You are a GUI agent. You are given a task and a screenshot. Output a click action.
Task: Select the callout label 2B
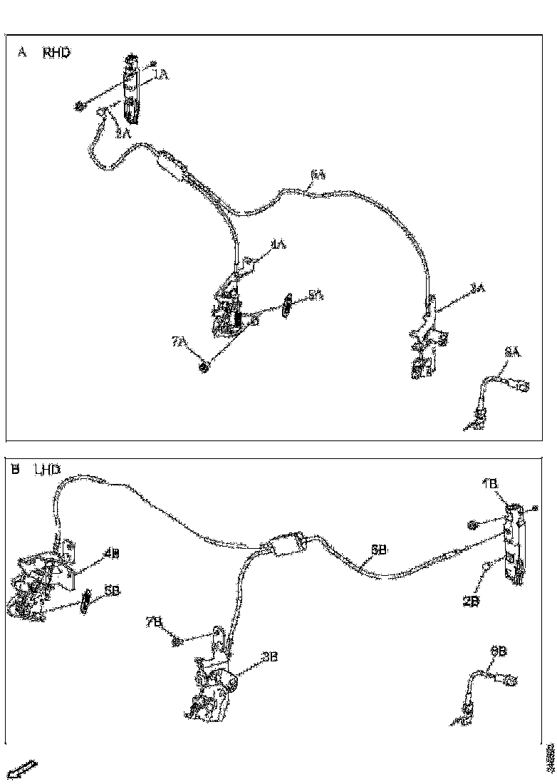point(471,600)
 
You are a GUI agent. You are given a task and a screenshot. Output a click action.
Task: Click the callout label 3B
point(269,658)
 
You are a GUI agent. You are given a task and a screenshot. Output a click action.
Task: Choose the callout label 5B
point(112,591)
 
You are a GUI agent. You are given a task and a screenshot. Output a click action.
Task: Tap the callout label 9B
point(498,651)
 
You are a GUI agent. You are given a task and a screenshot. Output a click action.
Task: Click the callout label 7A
point(179,343)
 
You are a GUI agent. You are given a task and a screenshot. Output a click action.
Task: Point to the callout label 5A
point(316,295)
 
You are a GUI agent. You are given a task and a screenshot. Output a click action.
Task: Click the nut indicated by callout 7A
point(203,368)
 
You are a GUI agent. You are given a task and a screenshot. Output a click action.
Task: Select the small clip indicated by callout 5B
point(86,601)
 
